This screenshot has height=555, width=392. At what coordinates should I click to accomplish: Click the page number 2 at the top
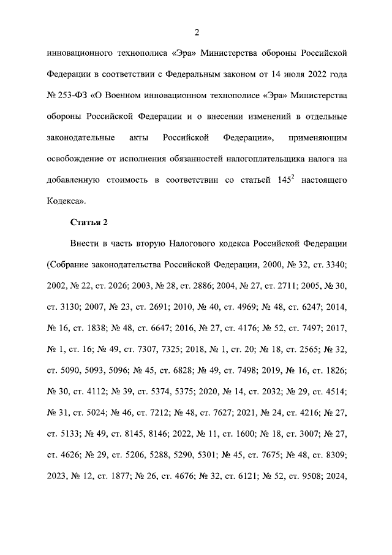(x=197, y=33)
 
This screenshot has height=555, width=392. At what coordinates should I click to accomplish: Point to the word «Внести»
(x=86, y=243)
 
